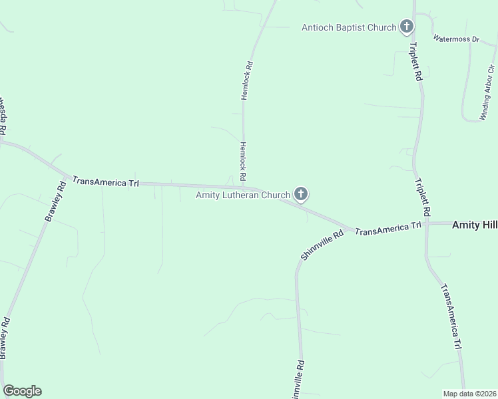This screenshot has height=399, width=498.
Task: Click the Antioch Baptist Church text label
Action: coord(349,27)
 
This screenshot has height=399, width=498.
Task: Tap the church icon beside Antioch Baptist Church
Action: coord(406,27)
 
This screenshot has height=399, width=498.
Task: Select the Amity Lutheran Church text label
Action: coord(243,195)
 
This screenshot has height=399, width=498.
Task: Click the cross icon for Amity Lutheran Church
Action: coord(301,194)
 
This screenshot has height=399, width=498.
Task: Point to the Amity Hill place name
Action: coord(474,225)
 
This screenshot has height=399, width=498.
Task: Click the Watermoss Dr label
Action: coord(456,39)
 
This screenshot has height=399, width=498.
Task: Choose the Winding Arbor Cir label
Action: coord(488,93)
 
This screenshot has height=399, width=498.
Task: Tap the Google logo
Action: coord(22,391)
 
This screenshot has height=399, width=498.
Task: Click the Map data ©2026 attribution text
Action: coord(469,394)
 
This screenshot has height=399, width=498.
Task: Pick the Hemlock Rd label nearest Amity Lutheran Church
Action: coord(243,160)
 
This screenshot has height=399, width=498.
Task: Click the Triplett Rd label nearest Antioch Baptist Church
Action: coord(415,62)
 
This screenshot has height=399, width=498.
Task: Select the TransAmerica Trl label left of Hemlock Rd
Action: coord(105,181)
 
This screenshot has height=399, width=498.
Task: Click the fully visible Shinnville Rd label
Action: coord(322,244)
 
